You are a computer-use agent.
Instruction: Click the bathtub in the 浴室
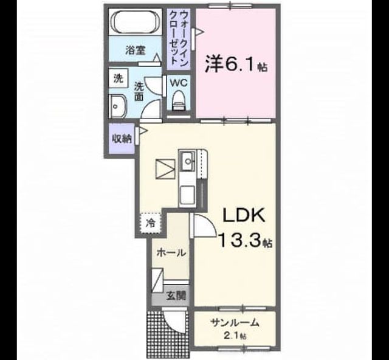pyautogui.click(x=136, y=22)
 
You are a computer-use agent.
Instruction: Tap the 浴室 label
pyautogui.click(x=136, y=50)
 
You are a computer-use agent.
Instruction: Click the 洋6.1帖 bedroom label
pyautogui.click(x=236, y=64)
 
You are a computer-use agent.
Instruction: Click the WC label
pyautogui.click(x=178, y=83)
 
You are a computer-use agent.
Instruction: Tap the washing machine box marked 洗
pyautogui.click(x=119, y=78)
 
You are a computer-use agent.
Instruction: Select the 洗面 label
pyautogui.click(x=139, y=91)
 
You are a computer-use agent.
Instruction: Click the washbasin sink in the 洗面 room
pyautogui.click(x=117, y=106)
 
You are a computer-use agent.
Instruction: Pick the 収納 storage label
pyautogui.click(x=122, y=139)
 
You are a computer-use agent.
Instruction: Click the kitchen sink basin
pyautogui.click(x=188, y=161)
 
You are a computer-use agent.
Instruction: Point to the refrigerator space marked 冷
pyautogui.click(x=151, y=223)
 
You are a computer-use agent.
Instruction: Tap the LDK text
pyautogui.click(x=244, y=215)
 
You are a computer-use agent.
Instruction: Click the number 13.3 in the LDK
pyautogui.click(x=240, y=240)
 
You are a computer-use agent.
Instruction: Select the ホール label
pyautogui.click(x=171, y=253)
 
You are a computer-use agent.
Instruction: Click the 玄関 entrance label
pyautogui.click(x=176, y=295)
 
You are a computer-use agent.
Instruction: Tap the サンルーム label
pyautogui.click(x=235, y=322)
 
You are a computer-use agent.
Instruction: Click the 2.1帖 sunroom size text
pyautogui.click(x=235, y=336)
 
